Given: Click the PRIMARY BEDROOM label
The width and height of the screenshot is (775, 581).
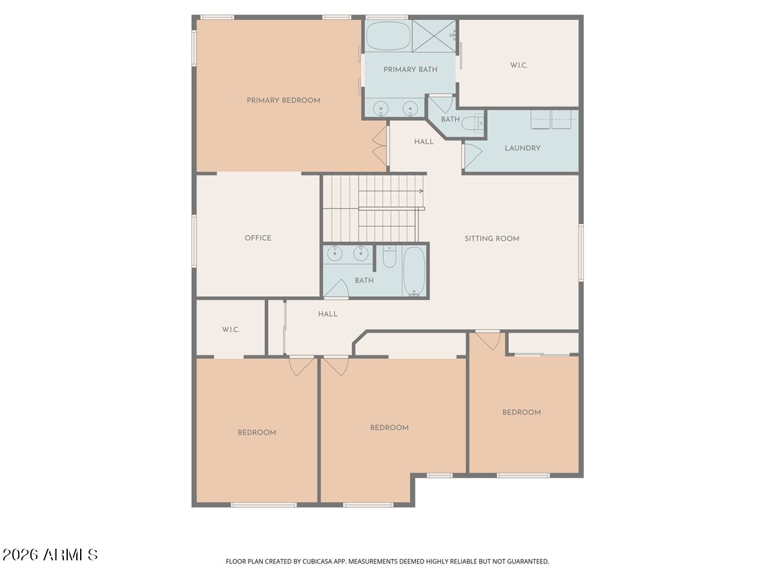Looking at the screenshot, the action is (x=283, y=101).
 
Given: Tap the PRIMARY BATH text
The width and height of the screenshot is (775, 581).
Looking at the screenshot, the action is (x=410, y=70).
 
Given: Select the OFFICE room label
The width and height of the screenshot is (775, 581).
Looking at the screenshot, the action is (x=258, y=238).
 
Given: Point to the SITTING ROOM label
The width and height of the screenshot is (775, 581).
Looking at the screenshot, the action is (x=492, y=239).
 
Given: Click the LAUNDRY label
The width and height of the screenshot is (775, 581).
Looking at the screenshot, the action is (x=522, y=148).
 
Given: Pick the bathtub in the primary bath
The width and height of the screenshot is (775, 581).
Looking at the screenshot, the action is (x=388, y=36).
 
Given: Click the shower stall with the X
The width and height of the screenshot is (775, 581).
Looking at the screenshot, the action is (x=433, y=36).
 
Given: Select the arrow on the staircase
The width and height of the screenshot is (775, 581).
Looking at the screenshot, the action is (x=391, y=191).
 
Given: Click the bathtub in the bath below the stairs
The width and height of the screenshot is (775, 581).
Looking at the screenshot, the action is (x=414, y=270).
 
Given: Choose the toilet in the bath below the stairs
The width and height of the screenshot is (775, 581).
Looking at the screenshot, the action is (x=389, y=257).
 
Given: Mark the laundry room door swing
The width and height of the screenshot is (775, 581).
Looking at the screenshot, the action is (x=472, y=157).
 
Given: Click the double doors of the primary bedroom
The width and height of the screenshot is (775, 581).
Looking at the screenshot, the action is (x=380, y=146).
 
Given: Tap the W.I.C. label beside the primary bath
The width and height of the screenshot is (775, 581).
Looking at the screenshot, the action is (x=519, y=66).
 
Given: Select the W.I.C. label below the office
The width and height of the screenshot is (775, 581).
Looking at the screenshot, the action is (x=231, y=330).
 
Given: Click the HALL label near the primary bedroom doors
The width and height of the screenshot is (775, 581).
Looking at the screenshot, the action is (x=424, y=142).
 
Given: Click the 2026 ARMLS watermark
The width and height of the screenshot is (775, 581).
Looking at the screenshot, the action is (x=50, y=555).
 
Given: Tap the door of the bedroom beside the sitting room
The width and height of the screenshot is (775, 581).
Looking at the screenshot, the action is (x=488, y=340).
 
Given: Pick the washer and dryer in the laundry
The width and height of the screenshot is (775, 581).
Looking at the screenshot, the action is (x=551, y=119).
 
